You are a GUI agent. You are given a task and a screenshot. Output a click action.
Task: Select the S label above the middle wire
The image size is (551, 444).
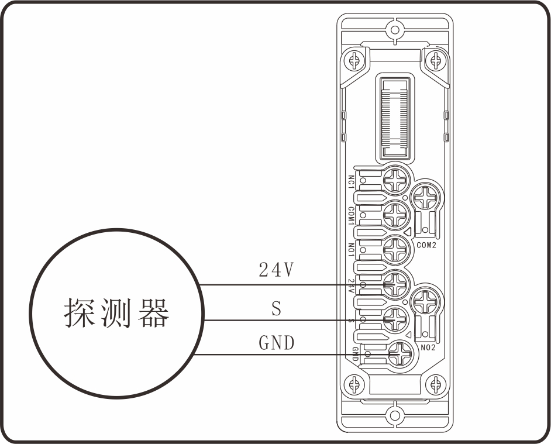point(276,308)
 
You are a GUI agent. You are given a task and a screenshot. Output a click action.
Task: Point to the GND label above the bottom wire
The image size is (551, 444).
point(276,343)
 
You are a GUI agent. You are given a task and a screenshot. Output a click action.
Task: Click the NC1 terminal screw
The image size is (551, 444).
point(396,180)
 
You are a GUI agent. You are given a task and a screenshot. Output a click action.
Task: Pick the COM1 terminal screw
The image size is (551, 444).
point(396,216)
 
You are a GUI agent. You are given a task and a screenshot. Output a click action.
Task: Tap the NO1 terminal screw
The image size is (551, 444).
point(396,250)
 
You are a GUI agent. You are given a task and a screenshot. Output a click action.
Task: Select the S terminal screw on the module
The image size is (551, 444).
point(396,319)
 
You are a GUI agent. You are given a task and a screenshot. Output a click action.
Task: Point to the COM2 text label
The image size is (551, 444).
point(426,245)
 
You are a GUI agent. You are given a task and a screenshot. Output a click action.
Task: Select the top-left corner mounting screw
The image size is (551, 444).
point(353,59)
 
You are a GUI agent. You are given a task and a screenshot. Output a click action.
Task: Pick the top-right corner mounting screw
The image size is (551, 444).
point(435,59)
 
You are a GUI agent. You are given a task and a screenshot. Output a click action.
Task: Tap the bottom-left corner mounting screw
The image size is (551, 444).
point(353,385)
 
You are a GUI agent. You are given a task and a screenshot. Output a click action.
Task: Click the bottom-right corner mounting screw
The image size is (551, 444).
point(435,385)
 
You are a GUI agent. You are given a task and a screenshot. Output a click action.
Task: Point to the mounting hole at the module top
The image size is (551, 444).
point(394,29)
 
